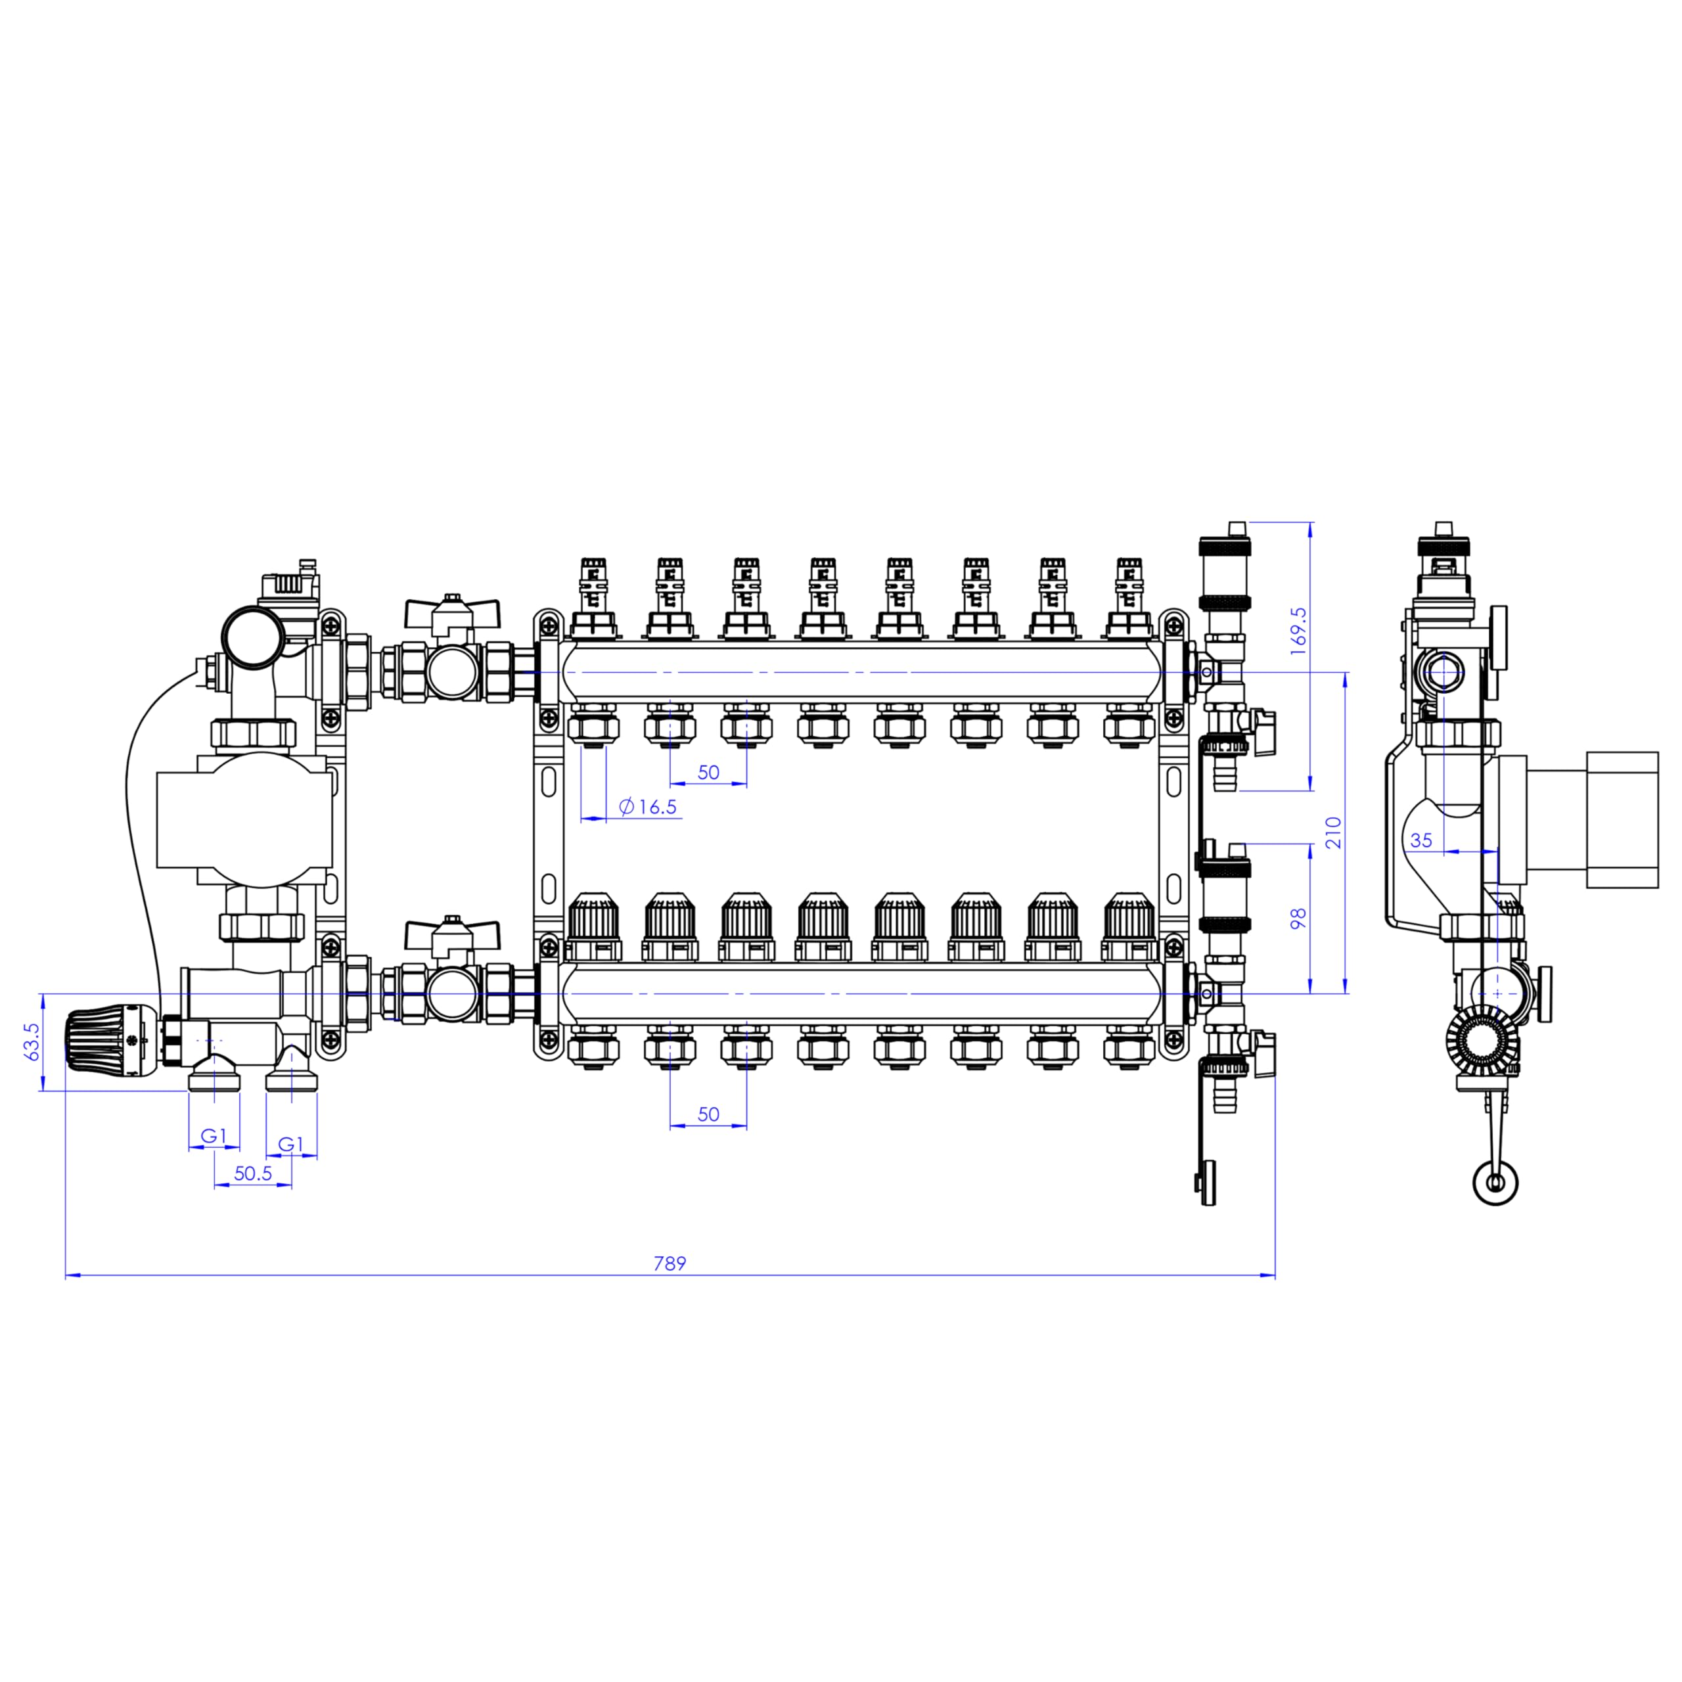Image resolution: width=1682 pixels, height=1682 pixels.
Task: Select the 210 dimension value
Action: [1334, 832]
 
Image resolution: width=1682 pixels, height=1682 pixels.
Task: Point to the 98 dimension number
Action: [1299, 919]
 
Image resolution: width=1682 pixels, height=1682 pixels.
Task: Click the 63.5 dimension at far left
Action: [32, 1041]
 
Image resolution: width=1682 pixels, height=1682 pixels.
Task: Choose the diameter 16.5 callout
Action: [648, 807]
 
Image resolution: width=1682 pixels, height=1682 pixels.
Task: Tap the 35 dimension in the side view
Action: [1421, 840]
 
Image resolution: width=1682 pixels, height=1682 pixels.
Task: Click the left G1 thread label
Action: [214, 1136]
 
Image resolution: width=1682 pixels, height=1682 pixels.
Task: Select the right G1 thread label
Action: [291, 1144]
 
